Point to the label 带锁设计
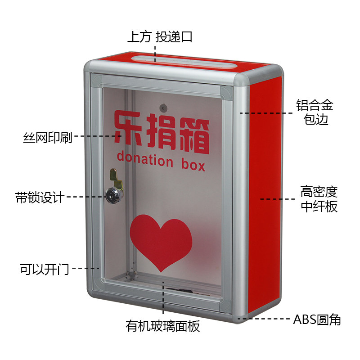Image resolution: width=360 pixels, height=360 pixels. [x=40, y=197]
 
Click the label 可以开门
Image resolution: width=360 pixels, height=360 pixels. [x=44, y=269]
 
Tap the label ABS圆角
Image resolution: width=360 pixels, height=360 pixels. [x=317, y=320]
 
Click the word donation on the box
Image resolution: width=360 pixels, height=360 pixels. [x=144, y=159]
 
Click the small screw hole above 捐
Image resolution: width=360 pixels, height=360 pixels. [x=163, y=108]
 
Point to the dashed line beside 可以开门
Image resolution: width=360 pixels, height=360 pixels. [x=85, y=269]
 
